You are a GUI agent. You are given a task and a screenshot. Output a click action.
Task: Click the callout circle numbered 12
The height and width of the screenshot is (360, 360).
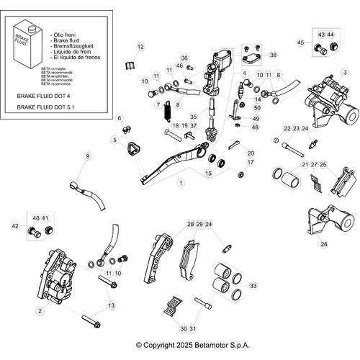point(140,47)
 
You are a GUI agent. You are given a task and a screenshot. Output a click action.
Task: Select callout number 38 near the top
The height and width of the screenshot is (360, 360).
point(272,55)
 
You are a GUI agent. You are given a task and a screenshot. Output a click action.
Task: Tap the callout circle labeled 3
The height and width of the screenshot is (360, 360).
point(345,72)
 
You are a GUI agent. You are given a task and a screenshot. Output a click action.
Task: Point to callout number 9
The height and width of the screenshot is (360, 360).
point(89,156)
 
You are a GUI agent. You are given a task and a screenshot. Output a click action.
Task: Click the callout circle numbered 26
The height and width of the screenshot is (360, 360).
point(323,244)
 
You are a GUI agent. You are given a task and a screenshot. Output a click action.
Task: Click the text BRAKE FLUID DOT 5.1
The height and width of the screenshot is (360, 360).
point(48,107)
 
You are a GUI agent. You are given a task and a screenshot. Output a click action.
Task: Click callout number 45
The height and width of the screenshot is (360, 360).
point(300,43)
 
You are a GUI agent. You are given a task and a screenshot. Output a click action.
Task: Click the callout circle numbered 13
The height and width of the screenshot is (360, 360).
point(110,306)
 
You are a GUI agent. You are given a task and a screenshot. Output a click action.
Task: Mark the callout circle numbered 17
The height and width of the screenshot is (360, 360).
point(251,163)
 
